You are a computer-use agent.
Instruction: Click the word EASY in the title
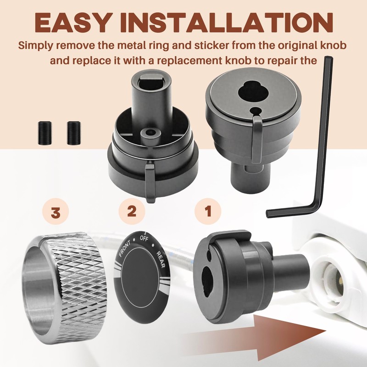click(x=72, y=23)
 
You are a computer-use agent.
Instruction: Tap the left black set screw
click(x=44, y=133)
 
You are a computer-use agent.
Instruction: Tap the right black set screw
click(x=73, y=133)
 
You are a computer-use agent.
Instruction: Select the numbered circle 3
click(x=56, y=213)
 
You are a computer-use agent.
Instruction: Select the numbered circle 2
click(x=132, y=211)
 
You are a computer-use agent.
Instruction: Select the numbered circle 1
click(x=208, y=211)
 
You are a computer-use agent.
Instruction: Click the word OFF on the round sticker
click(x=144, y=239)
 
